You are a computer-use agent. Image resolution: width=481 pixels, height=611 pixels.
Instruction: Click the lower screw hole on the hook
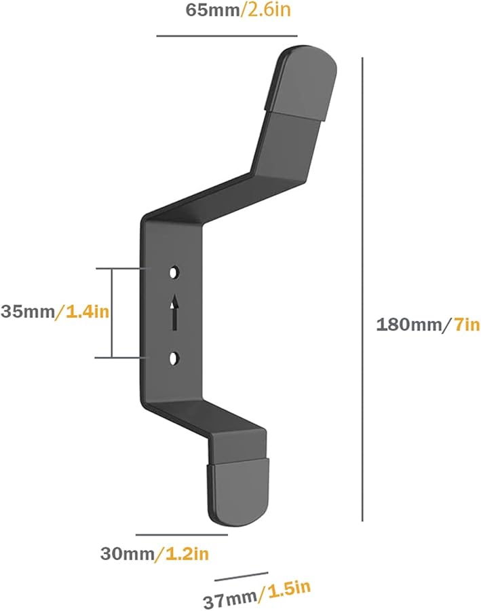(x=175, y=357)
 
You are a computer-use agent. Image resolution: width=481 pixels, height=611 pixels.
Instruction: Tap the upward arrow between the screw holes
(x=175, y=312)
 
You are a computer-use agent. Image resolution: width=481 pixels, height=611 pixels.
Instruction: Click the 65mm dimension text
(x=210, y=11)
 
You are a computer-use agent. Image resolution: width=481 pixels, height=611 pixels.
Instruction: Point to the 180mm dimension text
(x=408, y=325)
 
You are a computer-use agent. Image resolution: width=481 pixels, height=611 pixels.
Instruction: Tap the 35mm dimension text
(x=27, y=312)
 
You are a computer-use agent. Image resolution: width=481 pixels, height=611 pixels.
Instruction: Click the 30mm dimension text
(x=127, y=554)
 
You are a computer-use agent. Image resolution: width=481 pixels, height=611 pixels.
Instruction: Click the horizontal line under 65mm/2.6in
(x=227, y=35)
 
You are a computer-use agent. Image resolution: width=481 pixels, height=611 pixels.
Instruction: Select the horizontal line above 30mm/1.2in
(x=181, y=535)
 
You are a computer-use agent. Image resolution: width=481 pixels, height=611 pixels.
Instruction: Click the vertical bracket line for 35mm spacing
(x=113, y=313)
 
